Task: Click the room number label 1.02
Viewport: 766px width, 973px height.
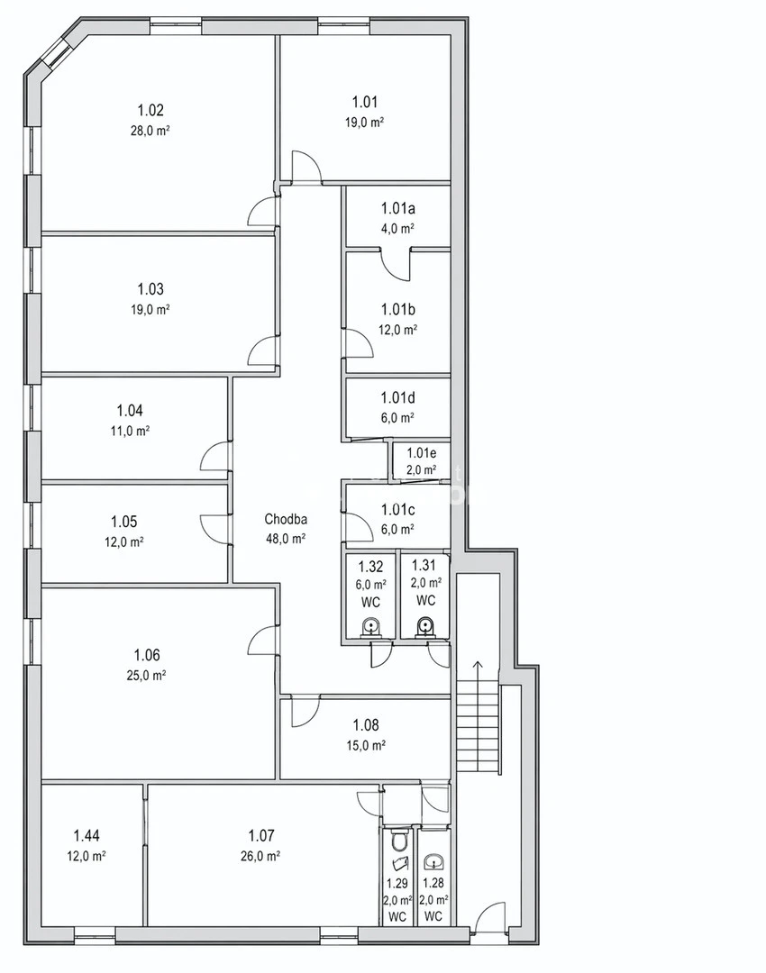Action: pyautogui.click(x=150, y=111)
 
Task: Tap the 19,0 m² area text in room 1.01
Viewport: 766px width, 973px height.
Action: pyautogui.click(x=364, y=123)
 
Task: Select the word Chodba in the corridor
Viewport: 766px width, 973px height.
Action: pyautogui.click(x=286, y=520)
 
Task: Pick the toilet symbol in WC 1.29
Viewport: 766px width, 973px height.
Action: pyautogui.click(x=398, y=842)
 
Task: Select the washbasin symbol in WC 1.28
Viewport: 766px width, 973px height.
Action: pyautogui.click(x=433, y=862)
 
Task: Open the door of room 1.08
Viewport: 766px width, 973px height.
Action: pyautogui.click(x=305, y=712)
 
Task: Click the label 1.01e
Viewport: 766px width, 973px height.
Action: pyautogui.click(x=422, y=453)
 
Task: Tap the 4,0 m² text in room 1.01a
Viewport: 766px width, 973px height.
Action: pyautogui.click(x=397, y=228)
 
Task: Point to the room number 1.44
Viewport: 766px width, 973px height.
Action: pyautogui.click(x=87, y=836)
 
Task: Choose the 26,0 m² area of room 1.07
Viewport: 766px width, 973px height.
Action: pyautogui.click(x=260, y=857)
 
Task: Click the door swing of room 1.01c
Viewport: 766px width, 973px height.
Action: pyautogui.click(x=359, y=526)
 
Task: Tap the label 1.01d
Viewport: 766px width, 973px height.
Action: pyautogui.click(x=398, y=397)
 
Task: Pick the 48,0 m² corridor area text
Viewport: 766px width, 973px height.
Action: pyautogui.click(x=286, y=539)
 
